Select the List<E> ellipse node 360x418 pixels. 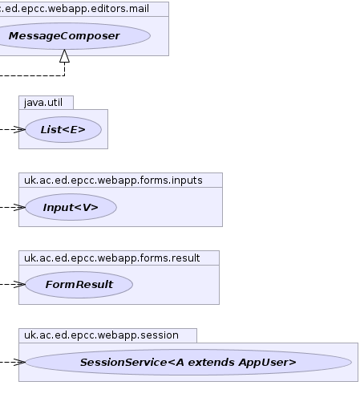coord(63,130)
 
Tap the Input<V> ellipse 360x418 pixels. coord(71,207)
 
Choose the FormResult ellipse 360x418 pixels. coord(79,285)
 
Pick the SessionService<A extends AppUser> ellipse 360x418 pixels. coord(188,363)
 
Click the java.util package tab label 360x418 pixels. coord(43,103)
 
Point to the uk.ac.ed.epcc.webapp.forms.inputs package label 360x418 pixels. coord(113,181)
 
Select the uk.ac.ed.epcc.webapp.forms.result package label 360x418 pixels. coord(111,258)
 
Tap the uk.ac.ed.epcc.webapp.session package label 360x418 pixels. coord(101,335)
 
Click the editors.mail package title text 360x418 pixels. coord(75,9)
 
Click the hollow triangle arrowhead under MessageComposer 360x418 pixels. coord(64,56)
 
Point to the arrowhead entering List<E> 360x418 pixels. coord(19,130)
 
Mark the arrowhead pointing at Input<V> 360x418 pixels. coord(19,207)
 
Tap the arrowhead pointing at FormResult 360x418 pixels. coord(19,284)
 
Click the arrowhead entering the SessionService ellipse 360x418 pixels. coord(19,363)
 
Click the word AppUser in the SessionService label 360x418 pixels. coord(268,363)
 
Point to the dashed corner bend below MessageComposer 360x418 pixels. coord(64,75)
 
